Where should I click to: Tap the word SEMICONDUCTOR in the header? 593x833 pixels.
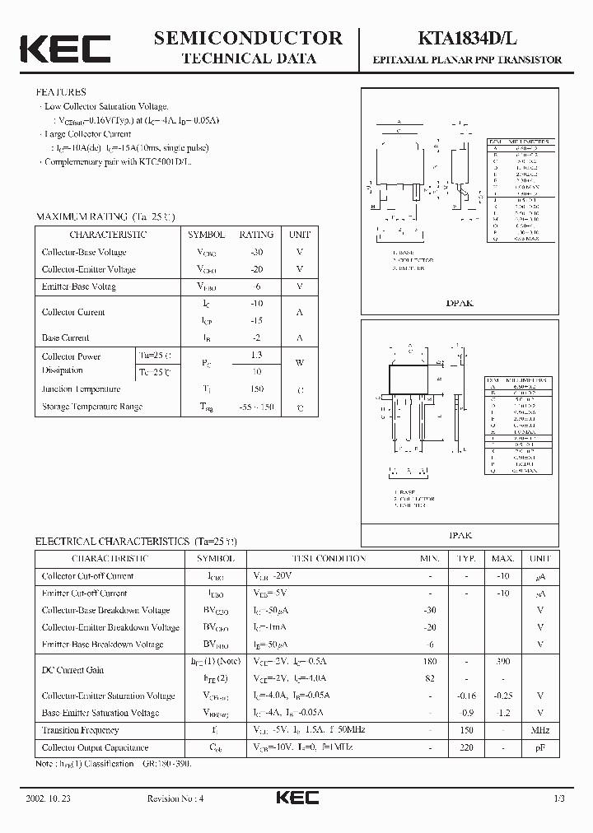click(248, 38)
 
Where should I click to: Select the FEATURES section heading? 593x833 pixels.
click(61, 92)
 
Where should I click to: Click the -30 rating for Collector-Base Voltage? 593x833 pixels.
click(256, 252)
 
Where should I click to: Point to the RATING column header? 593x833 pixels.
click(256, 235)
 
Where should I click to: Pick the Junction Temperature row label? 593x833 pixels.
click(81, 389)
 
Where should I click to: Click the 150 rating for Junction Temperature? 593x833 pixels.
click(256, 389)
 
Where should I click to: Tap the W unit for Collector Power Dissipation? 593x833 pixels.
click(300, 362)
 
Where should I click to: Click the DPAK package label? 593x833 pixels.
click(460, 303)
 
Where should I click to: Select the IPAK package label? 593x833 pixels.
click(460, 535)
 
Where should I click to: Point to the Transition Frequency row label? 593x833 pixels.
click(80, 730)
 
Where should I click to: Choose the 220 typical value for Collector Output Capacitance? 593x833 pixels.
click(467, 747)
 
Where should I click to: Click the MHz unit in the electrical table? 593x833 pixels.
click(539, 730)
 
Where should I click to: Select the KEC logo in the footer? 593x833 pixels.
click(296, 798)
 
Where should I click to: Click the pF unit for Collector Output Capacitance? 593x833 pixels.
click(539, 747)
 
